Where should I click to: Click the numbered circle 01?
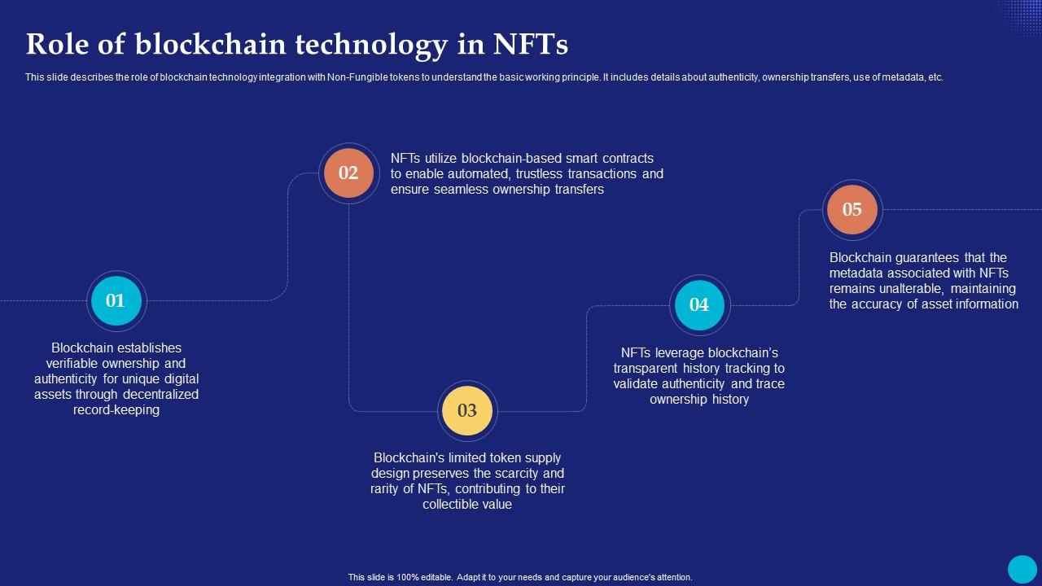coord(116,300)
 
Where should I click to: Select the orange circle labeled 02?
coord(348,173)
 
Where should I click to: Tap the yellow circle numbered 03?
coord(467,410)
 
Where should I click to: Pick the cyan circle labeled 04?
coord(699,304)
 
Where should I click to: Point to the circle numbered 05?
coord(852,209)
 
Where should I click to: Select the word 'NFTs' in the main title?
coord(530,45)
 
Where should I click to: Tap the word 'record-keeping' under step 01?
coord(116,410)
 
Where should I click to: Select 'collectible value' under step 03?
coord(467,505)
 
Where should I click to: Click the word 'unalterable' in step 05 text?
coord(913,289)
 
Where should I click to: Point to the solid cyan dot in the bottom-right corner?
coord(1022,569)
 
